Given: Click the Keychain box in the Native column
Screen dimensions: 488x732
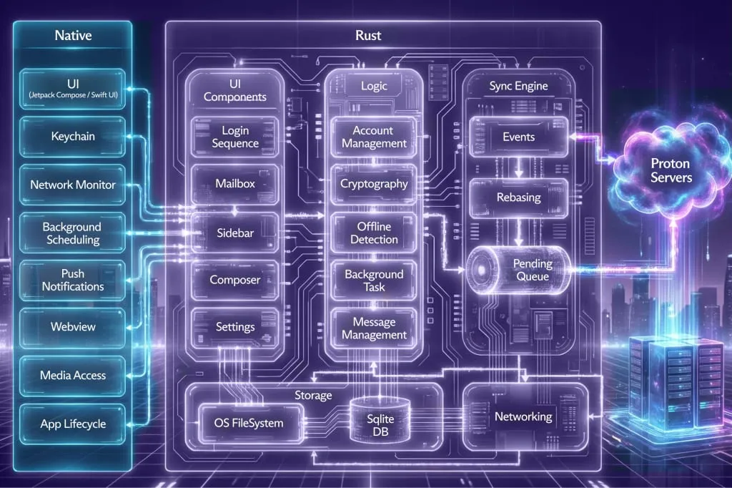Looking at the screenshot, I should tap(74, 135).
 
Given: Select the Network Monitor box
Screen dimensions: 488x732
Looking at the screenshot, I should tap(73, 185).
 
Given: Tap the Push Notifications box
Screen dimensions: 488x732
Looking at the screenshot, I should tap(73, 280).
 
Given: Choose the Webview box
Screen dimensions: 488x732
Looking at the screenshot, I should tap(73, 327).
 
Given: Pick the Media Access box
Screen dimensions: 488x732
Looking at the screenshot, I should tap(73, 375).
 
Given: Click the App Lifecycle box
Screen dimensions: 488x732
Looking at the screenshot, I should tap(73, 424).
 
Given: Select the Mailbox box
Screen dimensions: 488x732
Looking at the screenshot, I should tap(235, 184).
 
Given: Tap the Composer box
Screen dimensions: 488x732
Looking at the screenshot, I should tap(235, 280).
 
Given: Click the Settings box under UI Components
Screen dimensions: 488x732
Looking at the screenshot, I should tap(235, 327).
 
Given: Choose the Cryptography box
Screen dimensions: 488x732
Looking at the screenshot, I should tap(374, 184).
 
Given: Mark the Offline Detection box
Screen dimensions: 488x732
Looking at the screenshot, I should tap(374, 233).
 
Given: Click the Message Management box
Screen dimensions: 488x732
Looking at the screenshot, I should tap(374, 328).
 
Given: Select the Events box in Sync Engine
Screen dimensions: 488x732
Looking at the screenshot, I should tap(518, 137).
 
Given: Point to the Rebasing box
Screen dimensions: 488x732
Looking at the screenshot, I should tap(518, 197).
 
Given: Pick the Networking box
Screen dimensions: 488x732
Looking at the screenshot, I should tap(523, 416).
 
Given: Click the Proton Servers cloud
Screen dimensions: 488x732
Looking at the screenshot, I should tap(670, 170).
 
